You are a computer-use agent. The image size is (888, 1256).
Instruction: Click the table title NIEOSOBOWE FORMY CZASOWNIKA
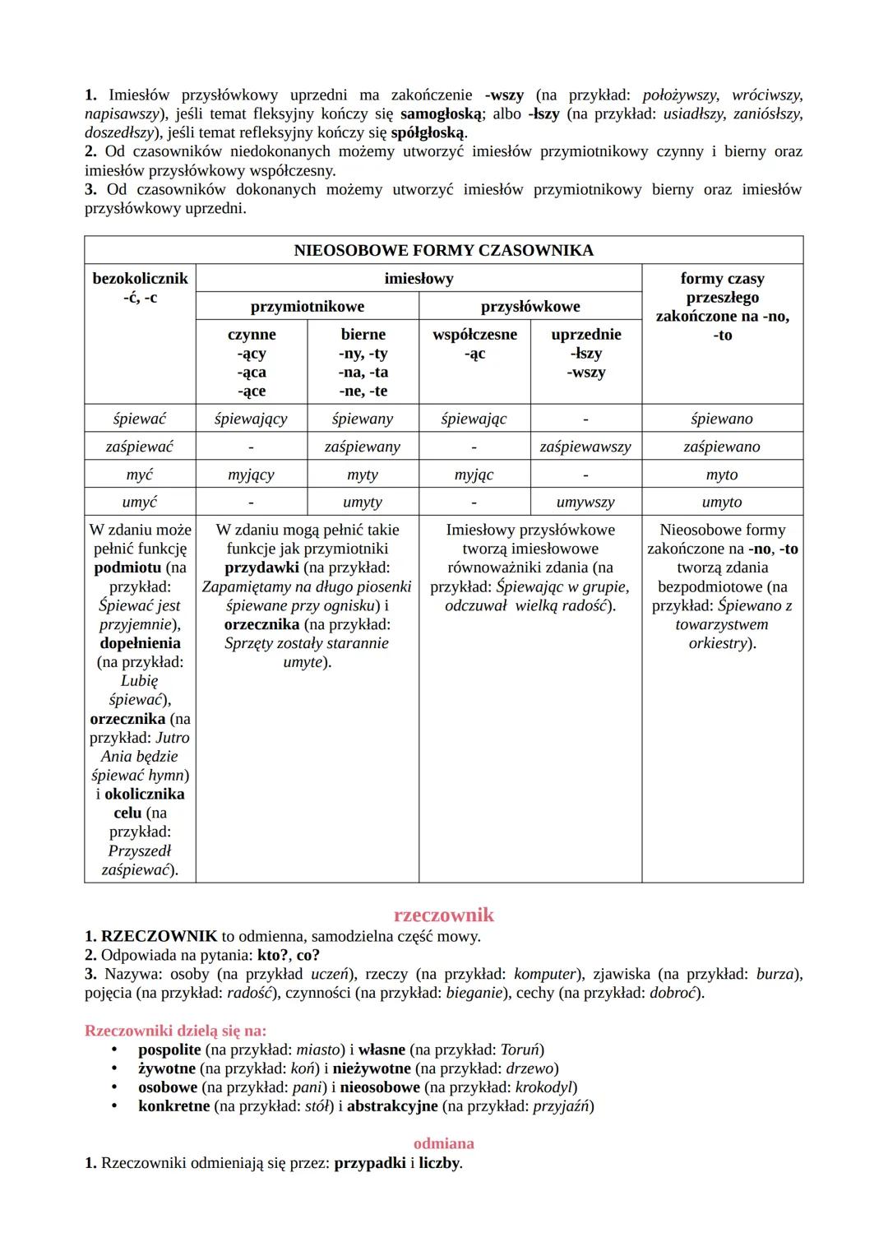[x=443, y=250]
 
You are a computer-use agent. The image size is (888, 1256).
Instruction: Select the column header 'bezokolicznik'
[x=140, y=279]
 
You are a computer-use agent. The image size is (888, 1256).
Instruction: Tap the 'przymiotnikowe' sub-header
[x=307, y=307]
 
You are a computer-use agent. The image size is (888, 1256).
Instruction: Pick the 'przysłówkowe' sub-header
[x=530, y=307]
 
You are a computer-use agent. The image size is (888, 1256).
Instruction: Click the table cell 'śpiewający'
[x=251, y=419]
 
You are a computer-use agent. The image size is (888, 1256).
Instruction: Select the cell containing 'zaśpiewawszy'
[x=585, y=447]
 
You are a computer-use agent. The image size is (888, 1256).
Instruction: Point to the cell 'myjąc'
[x=474, y=475]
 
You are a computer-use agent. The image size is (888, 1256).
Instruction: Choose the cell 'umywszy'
[x=585, y=502]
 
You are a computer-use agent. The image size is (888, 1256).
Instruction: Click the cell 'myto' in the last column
[x=722, y=475]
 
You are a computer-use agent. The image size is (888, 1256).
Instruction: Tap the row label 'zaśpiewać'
[x=140, y=447]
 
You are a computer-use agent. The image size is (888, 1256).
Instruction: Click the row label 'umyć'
[x=140, y=502]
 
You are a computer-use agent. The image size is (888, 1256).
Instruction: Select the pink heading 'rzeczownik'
[x=444, y=915]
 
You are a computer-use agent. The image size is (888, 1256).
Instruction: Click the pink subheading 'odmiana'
[x=443, y=1143]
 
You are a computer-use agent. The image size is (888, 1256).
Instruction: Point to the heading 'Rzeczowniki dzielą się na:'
[x=176, y=1030]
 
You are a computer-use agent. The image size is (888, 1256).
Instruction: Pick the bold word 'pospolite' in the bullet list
[x=169, y=1050]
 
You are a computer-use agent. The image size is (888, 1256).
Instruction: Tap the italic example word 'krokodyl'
[x=543, y=1087]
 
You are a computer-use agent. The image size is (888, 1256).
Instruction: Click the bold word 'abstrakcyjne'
[x=392, y=1106]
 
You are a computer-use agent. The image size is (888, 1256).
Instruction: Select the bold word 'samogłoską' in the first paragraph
[x=440, y=114]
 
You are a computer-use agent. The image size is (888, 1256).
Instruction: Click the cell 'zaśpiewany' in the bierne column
[x=363, y=447]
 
